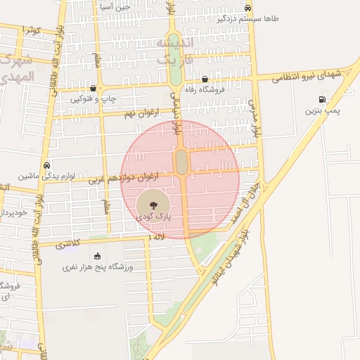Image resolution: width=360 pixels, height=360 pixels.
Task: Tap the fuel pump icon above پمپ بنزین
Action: [323, 99]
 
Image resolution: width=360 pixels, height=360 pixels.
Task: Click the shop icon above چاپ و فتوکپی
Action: [94, 89]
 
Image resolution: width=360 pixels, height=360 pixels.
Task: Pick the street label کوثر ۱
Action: [32, 30]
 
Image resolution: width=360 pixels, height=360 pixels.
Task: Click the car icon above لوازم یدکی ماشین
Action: [46, 165]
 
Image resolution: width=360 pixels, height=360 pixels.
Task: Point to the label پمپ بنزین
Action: [322, 110]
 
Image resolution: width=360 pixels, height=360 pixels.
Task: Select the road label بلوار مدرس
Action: [257, 120]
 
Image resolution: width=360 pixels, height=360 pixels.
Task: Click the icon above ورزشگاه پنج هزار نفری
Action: [98, 256]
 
